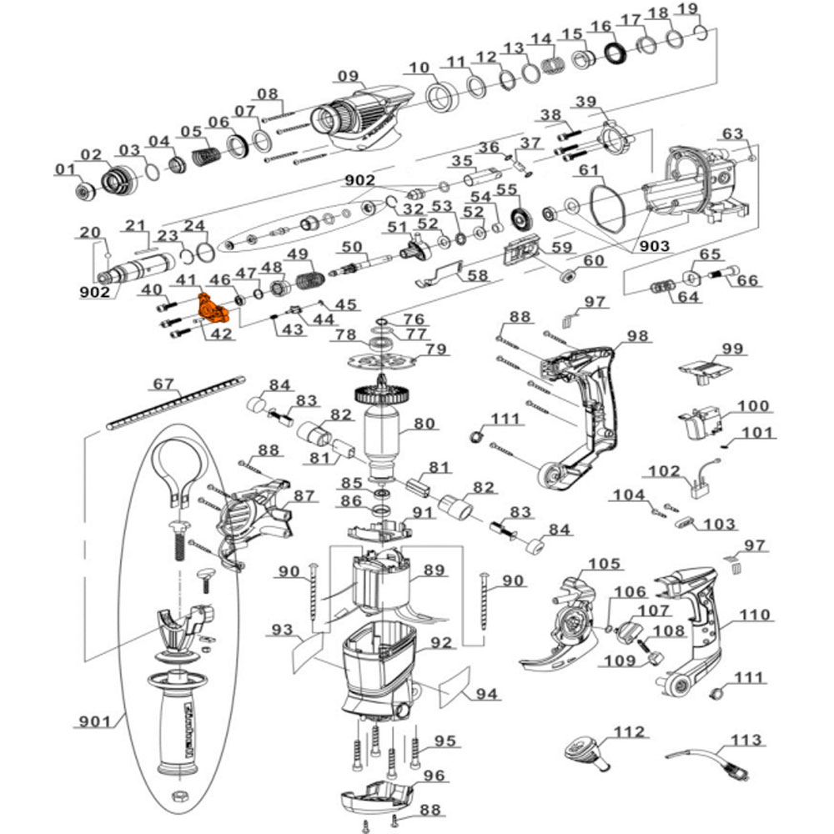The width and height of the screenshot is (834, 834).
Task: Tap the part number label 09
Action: [348, 76]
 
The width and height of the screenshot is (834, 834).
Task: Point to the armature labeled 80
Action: [384, 434]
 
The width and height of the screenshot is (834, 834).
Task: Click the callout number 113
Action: [745, 740]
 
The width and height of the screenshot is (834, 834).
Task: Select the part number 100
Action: [753, 406]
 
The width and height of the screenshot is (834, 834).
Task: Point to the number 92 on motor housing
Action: [440, 644]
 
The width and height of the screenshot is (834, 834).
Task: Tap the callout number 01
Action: [65, 170]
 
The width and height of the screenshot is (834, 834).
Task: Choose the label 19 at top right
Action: [686, 9]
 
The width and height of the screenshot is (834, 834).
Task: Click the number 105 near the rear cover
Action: [604, 564]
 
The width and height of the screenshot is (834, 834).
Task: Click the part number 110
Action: [755, 615]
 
